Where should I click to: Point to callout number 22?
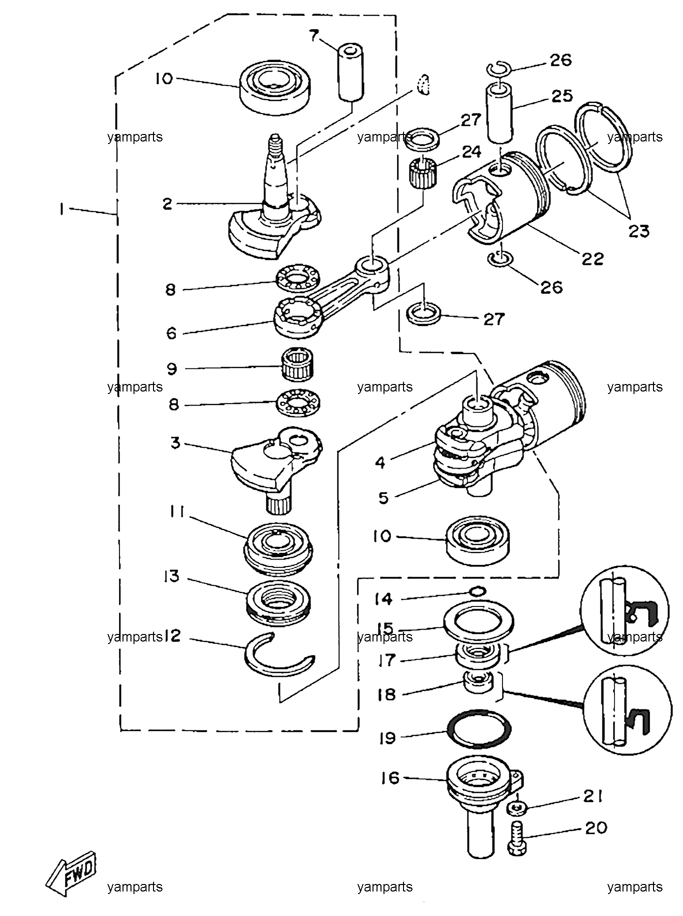(x=592, y=258)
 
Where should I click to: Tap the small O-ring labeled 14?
(x=478, y=591)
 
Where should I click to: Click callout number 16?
(x=390, y=778)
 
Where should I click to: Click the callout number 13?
(x=171, y=576)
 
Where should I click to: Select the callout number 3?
(x=175, y=442)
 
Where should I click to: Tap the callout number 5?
(x=383, y=498)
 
